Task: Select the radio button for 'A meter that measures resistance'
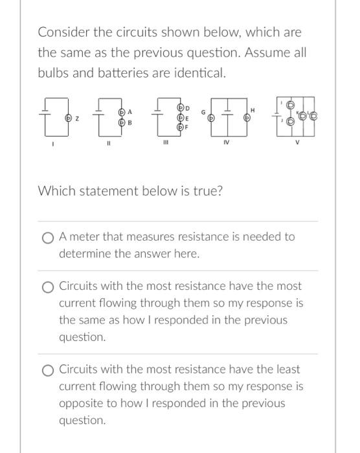coord(48,238)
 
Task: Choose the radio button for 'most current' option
coord(48,287)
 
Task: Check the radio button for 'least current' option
coord(48,370)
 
